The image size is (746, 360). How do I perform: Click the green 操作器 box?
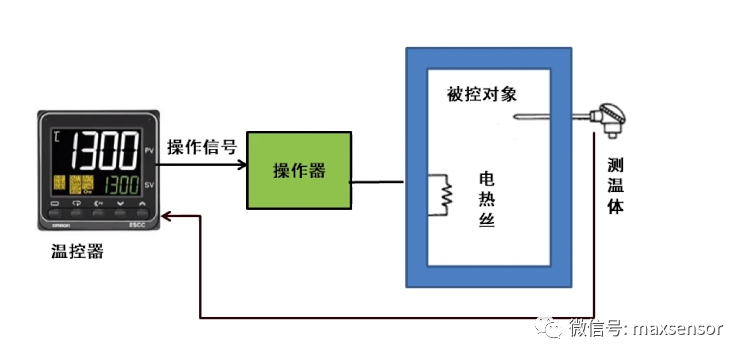(299, 169)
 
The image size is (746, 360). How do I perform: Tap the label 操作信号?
(201, 148)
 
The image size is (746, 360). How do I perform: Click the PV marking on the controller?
(148, 149)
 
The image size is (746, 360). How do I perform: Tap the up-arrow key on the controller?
(142, 205)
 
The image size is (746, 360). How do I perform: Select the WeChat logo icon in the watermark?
(552, 325)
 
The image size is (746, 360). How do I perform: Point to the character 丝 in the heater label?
(487, 222)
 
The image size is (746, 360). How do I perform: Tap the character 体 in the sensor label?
(616, 209)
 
